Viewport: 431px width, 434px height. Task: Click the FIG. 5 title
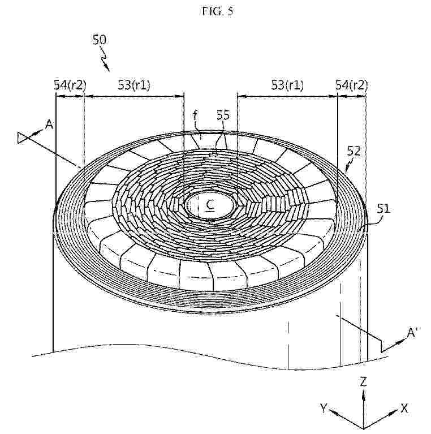click(x=218, y=11)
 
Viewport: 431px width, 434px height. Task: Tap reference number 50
click(x=99, y=40)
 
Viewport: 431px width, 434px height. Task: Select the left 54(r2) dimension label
click(x=70, y=85)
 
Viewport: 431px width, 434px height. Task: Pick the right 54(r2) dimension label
click(x=351, y=85)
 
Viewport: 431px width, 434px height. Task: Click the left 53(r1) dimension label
click(x=134, y=85)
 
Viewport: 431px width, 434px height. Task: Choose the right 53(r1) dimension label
click(x=287, y=85)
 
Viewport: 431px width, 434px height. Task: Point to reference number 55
click(x=223, y=115)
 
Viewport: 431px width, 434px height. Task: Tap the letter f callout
click(x=196, y=115)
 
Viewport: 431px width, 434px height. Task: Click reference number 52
click(x=354, y=152)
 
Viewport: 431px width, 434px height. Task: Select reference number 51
click(x=383, y=209)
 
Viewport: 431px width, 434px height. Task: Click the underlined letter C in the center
click(x=210, y=205)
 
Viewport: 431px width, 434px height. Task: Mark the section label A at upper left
click(x=49, y=125)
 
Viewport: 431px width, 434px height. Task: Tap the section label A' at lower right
click(x=412, y=333)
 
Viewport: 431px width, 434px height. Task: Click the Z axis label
click(x=363, y=382)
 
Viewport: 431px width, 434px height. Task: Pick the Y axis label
click(x=324, y=407)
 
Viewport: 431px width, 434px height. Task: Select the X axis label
click(x=404, y=408)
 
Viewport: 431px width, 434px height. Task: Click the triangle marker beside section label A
click(x=21, y=138)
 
